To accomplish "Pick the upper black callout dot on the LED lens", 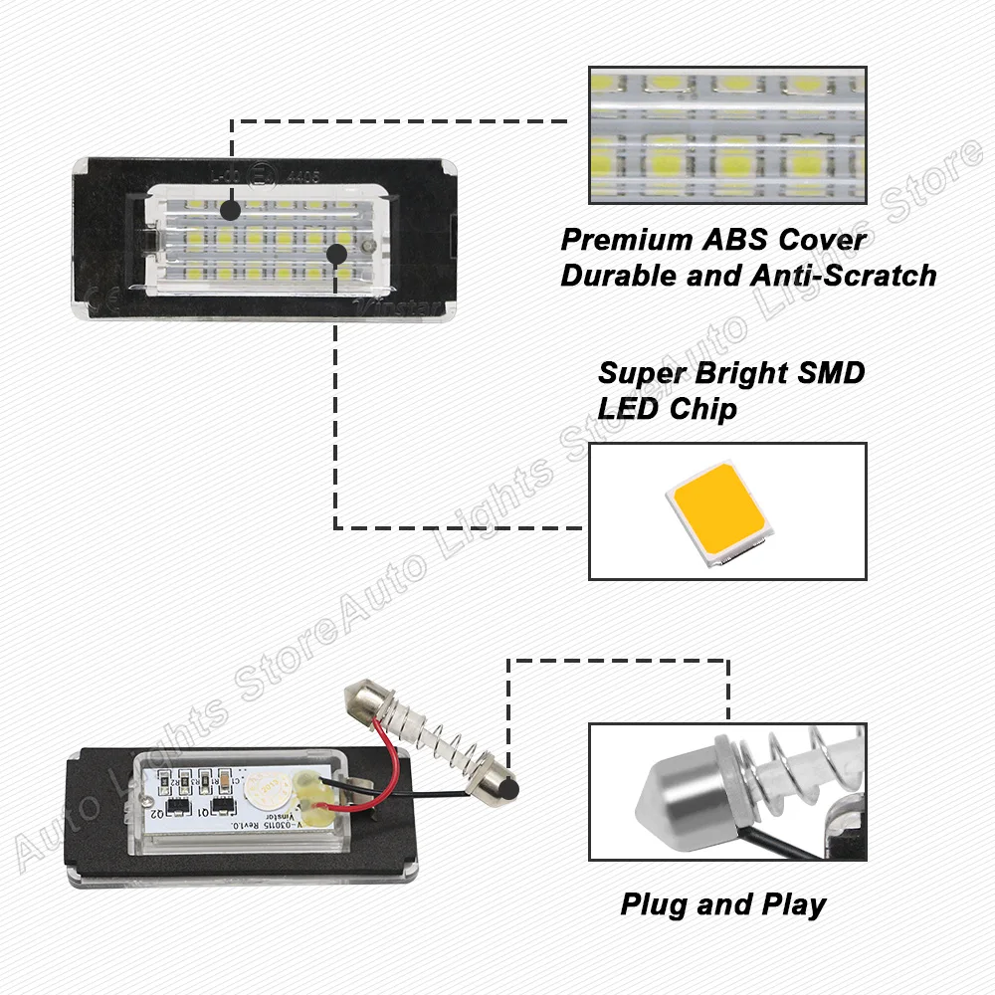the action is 230,210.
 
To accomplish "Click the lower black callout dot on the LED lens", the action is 336,254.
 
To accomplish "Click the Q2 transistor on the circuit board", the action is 178,803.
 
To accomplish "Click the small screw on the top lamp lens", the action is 367,246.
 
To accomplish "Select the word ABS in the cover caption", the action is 731,241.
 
